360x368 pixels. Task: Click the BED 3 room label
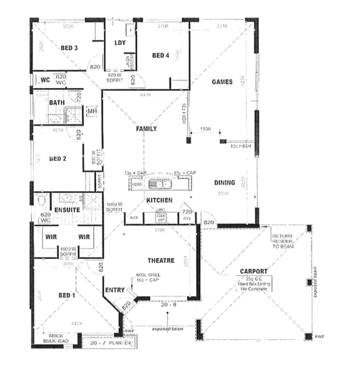tap(69, 48)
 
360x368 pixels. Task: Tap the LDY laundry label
tap(120, 43)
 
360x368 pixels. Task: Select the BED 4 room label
tap(161, 56)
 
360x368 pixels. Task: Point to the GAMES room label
tap(222, 82)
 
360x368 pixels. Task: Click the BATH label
tap(57, 102)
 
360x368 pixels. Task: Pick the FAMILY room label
tap(146, 129)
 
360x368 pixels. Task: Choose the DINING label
tap(224, 183)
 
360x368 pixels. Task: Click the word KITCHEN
tap(159, 200)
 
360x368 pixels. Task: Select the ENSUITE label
tap(66, 210)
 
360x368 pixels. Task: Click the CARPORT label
tap(254, 272)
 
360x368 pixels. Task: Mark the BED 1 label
tap(67, 295)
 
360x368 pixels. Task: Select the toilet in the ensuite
tap(42, 201)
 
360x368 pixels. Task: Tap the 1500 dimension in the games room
tap(205, 130)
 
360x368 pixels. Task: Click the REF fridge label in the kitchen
tap(134, 218)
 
